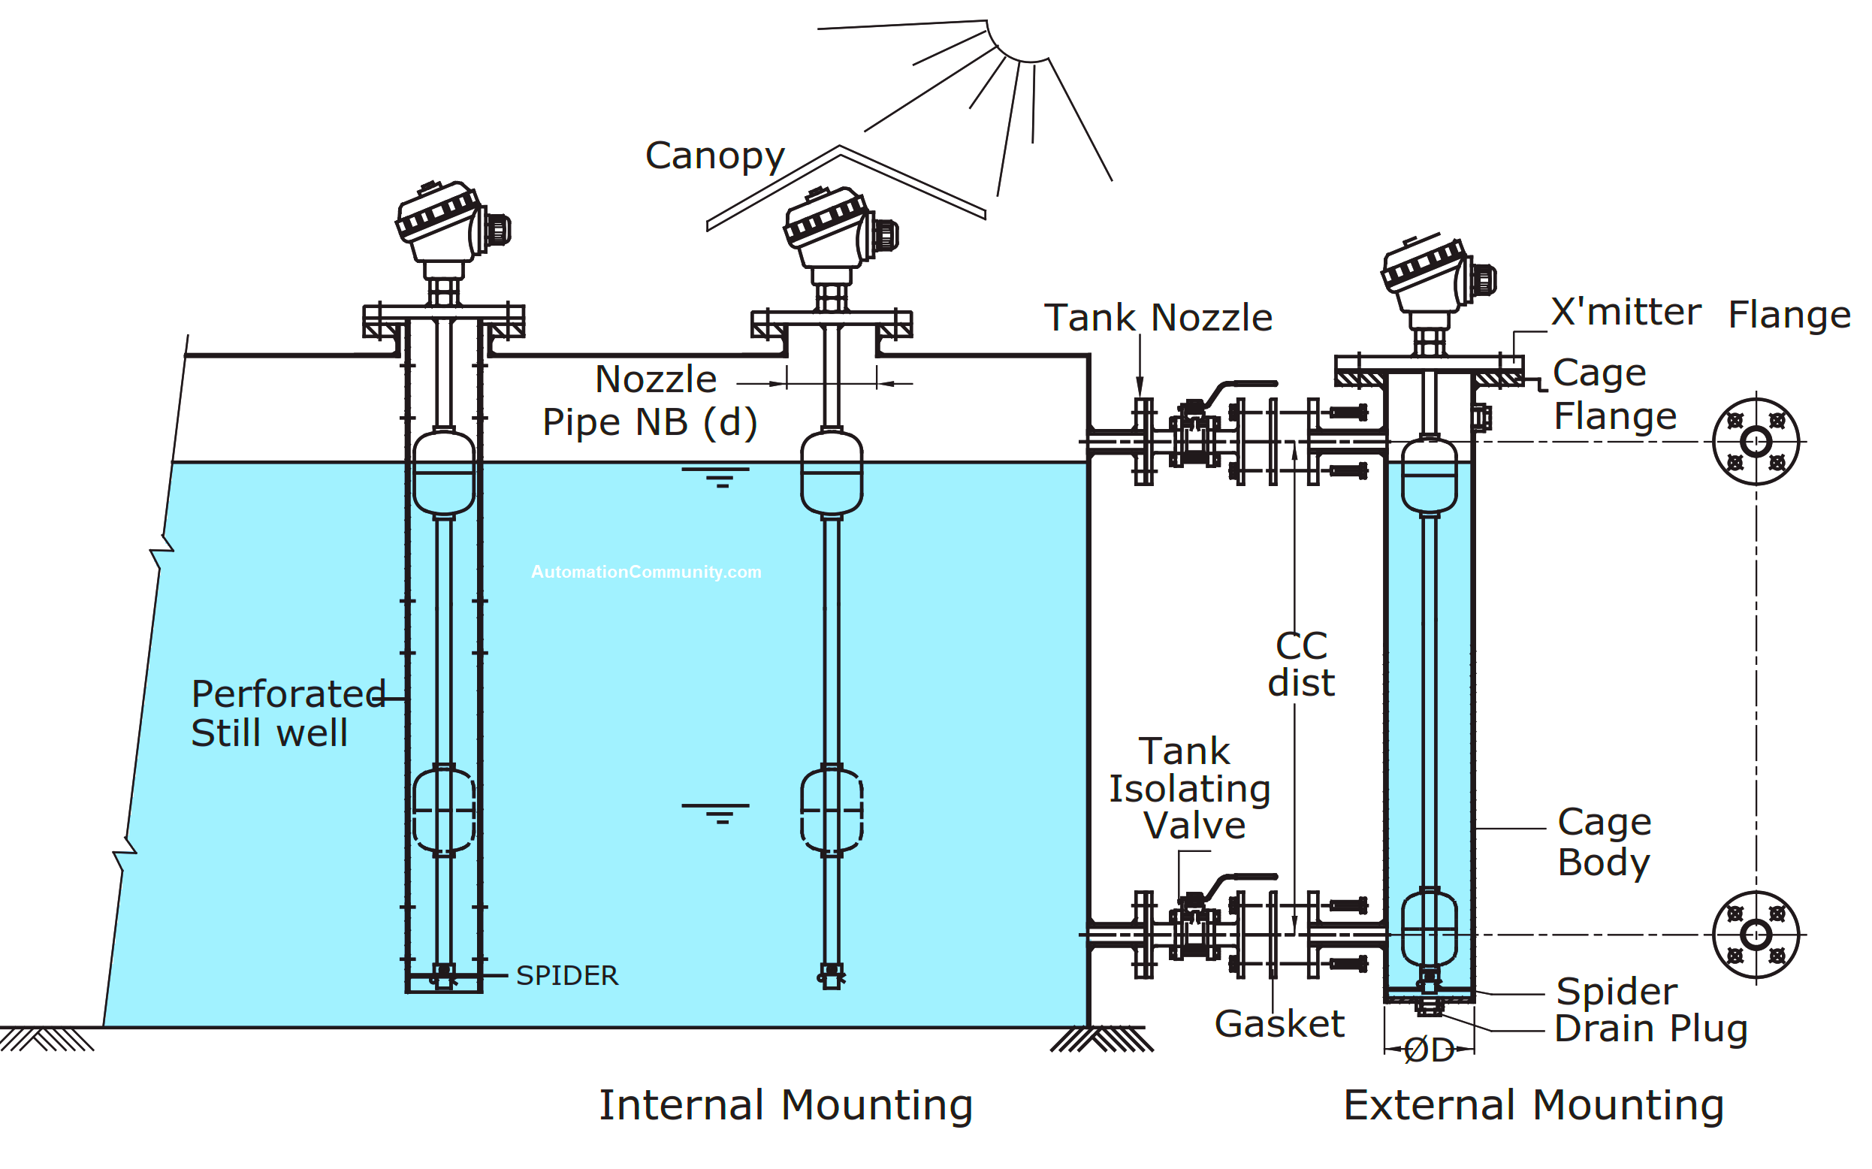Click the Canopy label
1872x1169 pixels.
714,156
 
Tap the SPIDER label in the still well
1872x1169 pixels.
566,976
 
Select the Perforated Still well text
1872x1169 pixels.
288,713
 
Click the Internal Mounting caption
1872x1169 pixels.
785,1105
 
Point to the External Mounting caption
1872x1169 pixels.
1533,1105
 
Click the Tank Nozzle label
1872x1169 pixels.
1157,318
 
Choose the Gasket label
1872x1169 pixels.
1279,1024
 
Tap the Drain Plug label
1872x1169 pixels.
1650,1029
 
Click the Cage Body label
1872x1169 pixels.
1604,842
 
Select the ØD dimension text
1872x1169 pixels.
1428,1051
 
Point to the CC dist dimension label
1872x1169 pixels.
1301,664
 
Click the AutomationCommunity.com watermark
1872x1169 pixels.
646,572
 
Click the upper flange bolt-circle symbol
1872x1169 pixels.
1756,443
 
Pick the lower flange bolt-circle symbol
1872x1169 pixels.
1756,935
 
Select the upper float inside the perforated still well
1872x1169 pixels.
444,473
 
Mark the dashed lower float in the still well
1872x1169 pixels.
444,809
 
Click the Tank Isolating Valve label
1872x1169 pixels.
1189,789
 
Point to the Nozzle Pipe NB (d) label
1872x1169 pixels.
649,401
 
